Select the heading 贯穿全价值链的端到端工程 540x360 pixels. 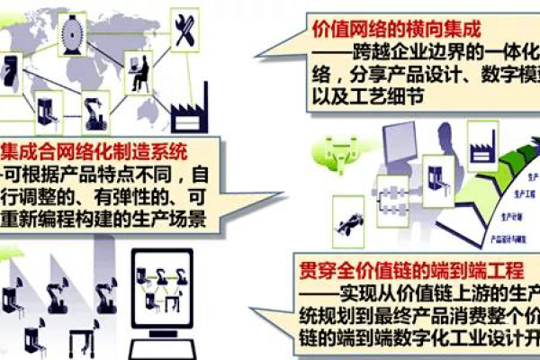396,267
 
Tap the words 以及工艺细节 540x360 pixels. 359,96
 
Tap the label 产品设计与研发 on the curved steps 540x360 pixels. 508,241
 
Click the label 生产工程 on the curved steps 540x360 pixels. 525,193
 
